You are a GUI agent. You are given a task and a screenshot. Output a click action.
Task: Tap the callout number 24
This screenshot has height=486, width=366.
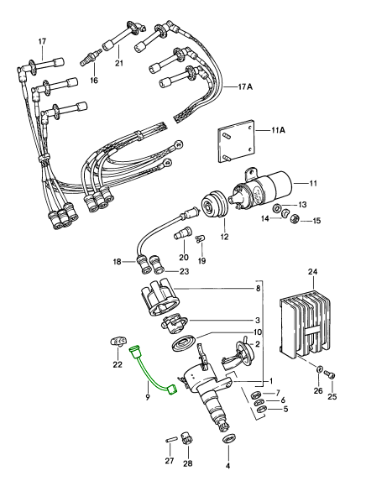pyautogui.click(x=313, y=272)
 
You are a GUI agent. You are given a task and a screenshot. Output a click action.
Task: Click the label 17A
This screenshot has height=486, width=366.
pyautogui.click(x=245, y=86)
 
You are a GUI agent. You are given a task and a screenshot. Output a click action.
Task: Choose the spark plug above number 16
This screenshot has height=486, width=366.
pyautogui.click(x=91, y=58)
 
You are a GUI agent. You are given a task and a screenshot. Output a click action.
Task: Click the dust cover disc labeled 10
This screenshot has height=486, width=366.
pyautogui.click(x=184, y=342)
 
